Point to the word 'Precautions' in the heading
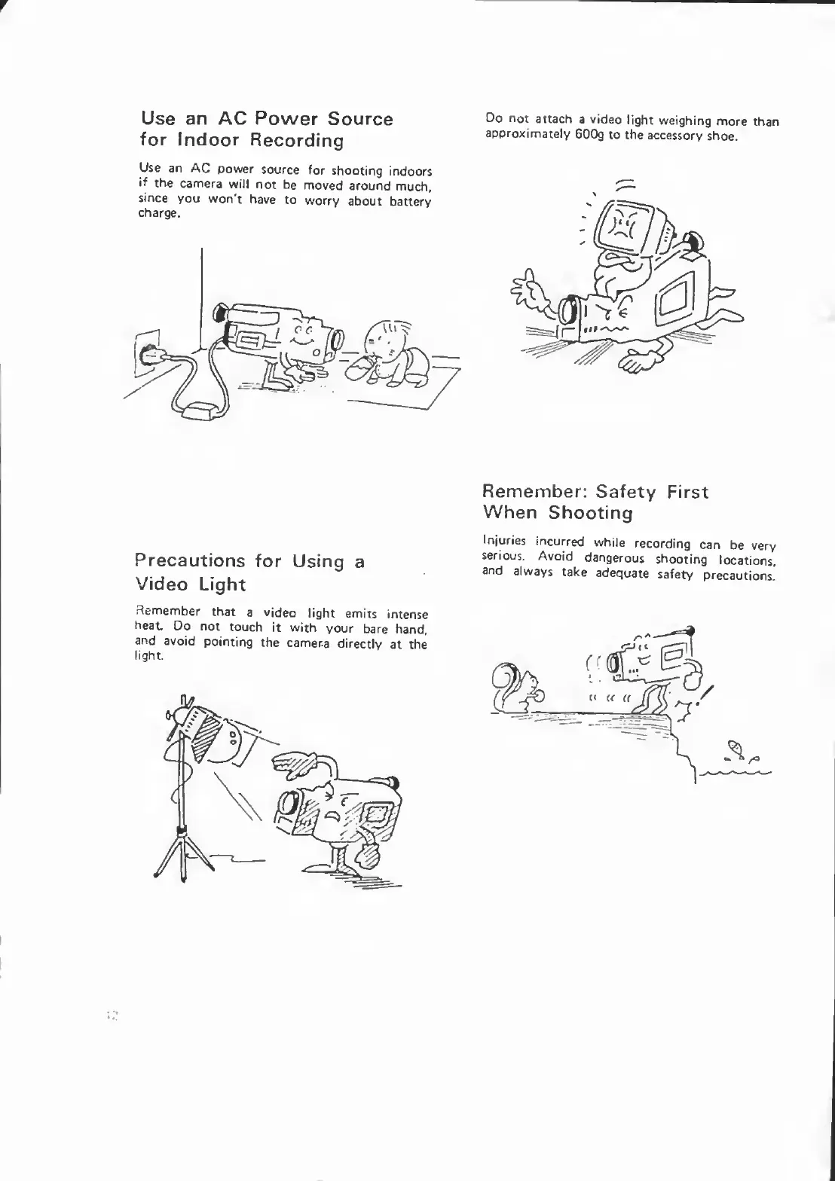(x=190, y=561)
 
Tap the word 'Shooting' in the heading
(x=590, y=514)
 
